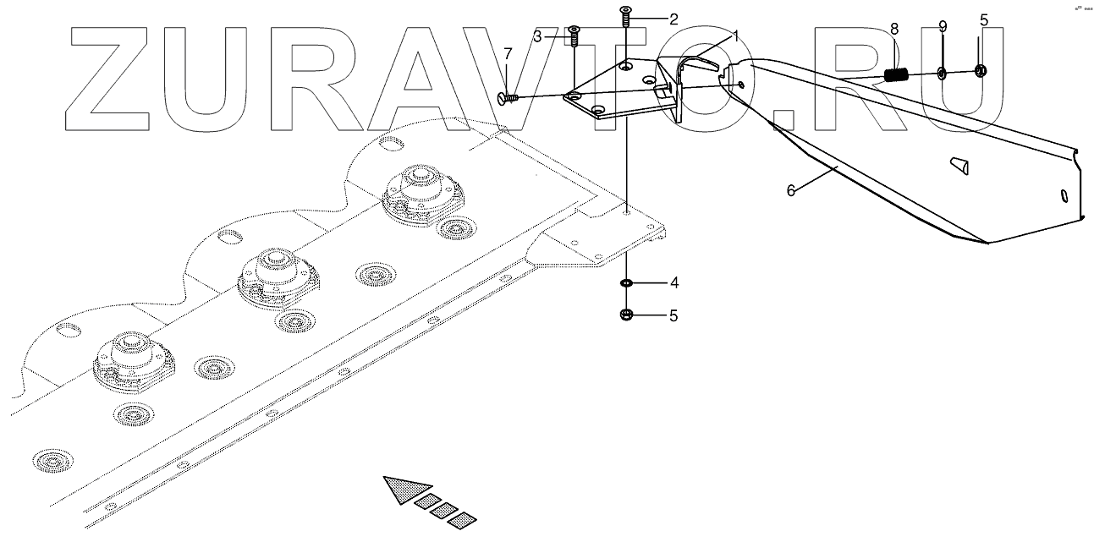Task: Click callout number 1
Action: point(736,36)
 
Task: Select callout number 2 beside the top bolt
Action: point(673,19)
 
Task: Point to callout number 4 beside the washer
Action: point(673,282)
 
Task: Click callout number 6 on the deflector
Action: point(791,191)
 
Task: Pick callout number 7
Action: point(508,54)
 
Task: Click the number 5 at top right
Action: point(983,19)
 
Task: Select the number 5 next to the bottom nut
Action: point(673,316)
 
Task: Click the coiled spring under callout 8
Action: point(897,74)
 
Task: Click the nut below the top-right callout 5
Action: point(981,70)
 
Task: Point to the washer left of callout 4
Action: point(626,282)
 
